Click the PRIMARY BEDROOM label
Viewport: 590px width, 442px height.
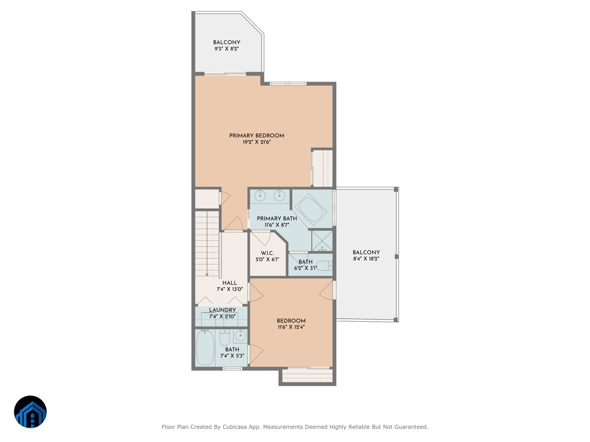click(x=257, y=136)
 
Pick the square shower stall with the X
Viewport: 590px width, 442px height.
click(x=323, y=241)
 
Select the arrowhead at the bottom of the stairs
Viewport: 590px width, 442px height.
click(x=207, y=274)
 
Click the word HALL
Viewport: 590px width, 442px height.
click(x=230, y=283)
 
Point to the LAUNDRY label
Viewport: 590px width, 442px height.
click(x=222, y=310)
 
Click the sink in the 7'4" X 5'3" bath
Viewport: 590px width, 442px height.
click(x=240, y=336)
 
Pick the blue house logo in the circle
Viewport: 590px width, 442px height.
click(x=30, y=412)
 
